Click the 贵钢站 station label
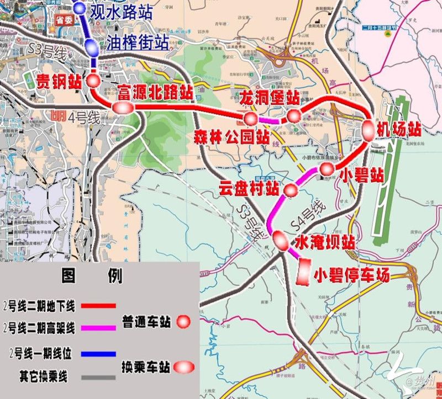(x=59, y=82)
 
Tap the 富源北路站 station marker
(x=120, y=108)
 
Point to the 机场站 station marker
(x=369, y=129)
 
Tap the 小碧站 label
(x=362, y=176)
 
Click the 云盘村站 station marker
(x=291, y=191)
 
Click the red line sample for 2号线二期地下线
(x=98, y=305)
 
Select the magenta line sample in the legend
(x=98, y=328)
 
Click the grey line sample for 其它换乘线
(x=98, y=377)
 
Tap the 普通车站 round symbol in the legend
(x=183, y=321)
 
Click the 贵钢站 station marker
(x=93, y=81)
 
